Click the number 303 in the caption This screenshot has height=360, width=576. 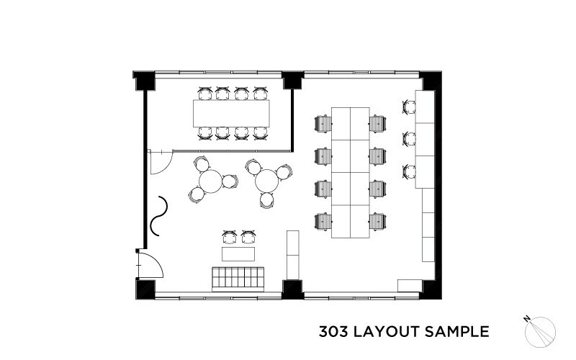(333, 332)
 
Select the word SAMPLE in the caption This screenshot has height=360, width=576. (457, 332)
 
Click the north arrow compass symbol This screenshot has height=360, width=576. (540, 331)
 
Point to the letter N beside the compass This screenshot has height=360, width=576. (527, 318)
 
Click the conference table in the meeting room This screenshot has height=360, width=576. (231, 113)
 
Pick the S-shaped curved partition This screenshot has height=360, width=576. (159, 215)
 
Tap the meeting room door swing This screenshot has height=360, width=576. (161, 161)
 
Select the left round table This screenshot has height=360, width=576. (210, 181)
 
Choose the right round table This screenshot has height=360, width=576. (267, 181)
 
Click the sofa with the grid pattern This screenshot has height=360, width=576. (238, 279)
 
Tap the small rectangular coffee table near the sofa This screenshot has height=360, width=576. (238, 254)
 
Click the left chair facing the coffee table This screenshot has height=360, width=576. (229, 238)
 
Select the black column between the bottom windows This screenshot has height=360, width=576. (292, 289)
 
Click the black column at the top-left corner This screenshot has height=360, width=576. (145, 81)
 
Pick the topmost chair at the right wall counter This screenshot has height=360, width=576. (409, 107)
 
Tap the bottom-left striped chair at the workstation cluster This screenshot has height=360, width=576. (323, 222)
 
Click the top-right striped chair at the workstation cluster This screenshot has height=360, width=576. (377, 124)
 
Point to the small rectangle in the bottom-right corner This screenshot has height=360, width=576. (410, 286)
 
